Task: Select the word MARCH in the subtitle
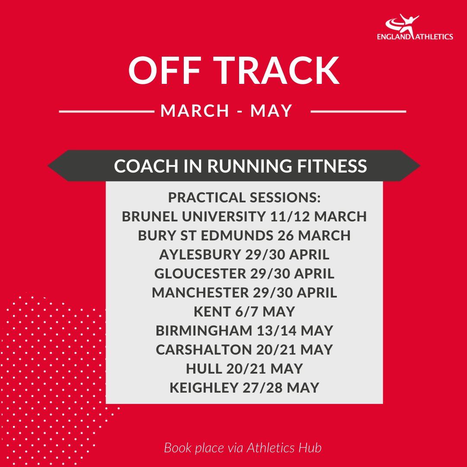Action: tap(195, 111)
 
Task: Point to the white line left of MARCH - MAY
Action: tap(106, 112)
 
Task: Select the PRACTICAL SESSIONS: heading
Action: tap(244, 198)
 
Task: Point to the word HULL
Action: tap(202, 369)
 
